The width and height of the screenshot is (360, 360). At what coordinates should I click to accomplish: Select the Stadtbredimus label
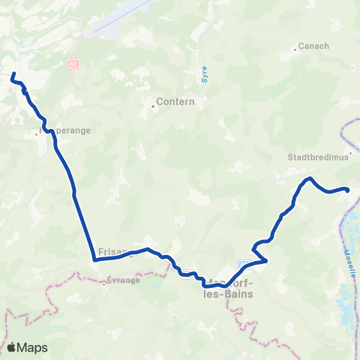pos(313,158)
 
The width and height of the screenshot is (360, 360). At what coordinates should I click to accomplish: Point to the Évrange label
pos(121,283)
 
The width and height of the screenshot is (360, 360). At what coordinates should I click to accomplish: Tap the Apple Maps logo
pos(27,347)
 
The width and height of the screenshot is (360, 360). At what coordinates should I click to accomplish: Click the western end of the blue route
pos(13,73)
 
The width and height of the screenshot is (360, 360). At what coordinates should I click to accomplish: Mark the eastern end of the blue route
pos(348,190)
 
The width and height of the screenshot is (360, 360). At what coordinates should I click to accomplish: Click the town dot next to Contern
pos(153,106)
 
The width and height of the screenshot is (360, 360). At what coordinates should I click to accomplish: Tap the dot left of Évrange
pos(103,283)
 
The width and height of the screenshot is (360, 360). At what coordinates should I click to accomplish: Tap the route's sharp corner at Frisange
pos(95,260)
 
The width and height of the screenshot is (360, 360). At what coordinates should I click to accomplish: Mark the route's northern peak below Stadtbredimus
pos(309,178)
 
